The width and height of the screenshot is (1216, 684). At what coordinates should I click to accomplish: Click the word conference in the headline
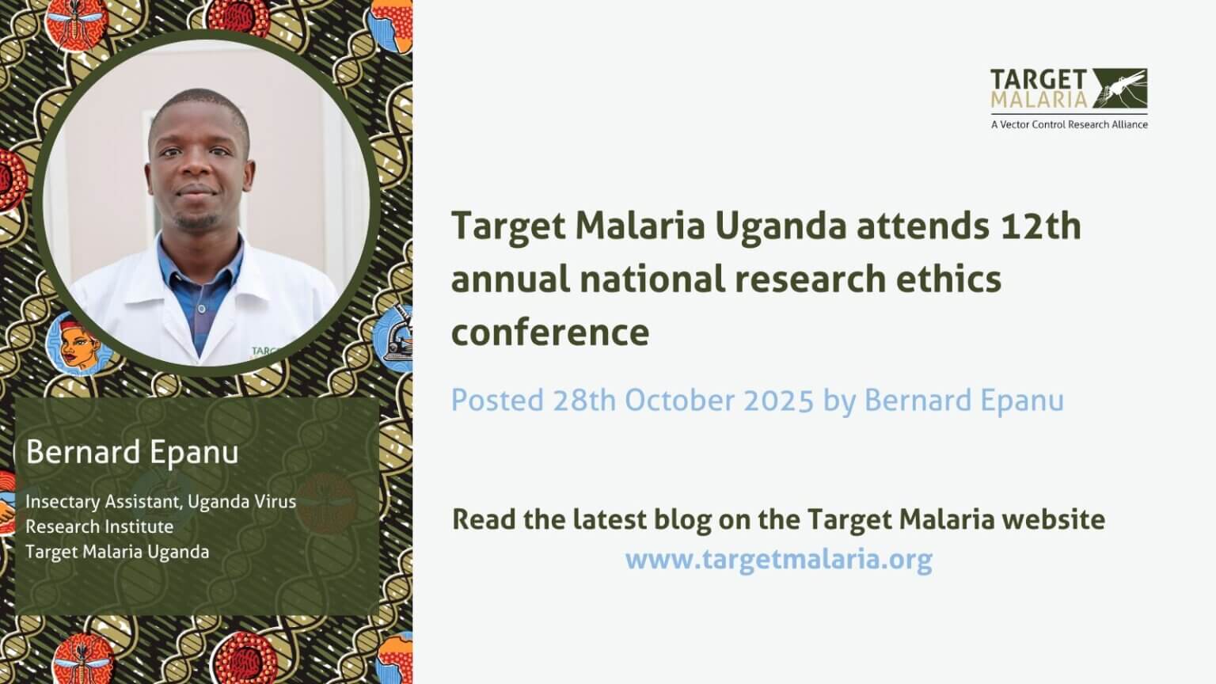pyautogui.click(x=549, y=332)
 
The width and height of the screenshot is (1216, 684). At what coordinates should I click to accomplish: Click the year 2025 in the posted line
pyautogui.click(x=778, y=401)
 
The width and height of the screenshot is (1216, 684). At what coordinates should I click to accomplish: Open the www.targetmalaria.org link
pyautogui.click(x=778, y=560)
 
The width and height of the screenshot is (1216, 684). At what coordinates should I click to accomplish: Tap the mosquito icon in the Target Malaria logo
pyautogui.click(x=1119, y=88)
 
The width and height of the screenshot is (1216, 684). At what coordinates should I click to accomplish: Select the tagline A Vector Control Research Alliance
pyautogui.click(x=1069, y=124)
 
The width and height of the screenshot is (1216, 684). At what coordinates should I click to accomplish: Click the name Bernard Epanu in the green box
pyautogui.click(x=132, y=453)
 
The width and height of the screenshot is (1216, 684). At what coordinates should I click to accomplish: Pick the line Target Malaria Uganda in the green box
pyautogui.click(x=117, y=552)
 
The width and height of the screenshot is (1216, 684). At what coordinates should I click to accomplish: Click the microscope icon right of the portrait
pyautogui.click(x=396, y=336)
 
